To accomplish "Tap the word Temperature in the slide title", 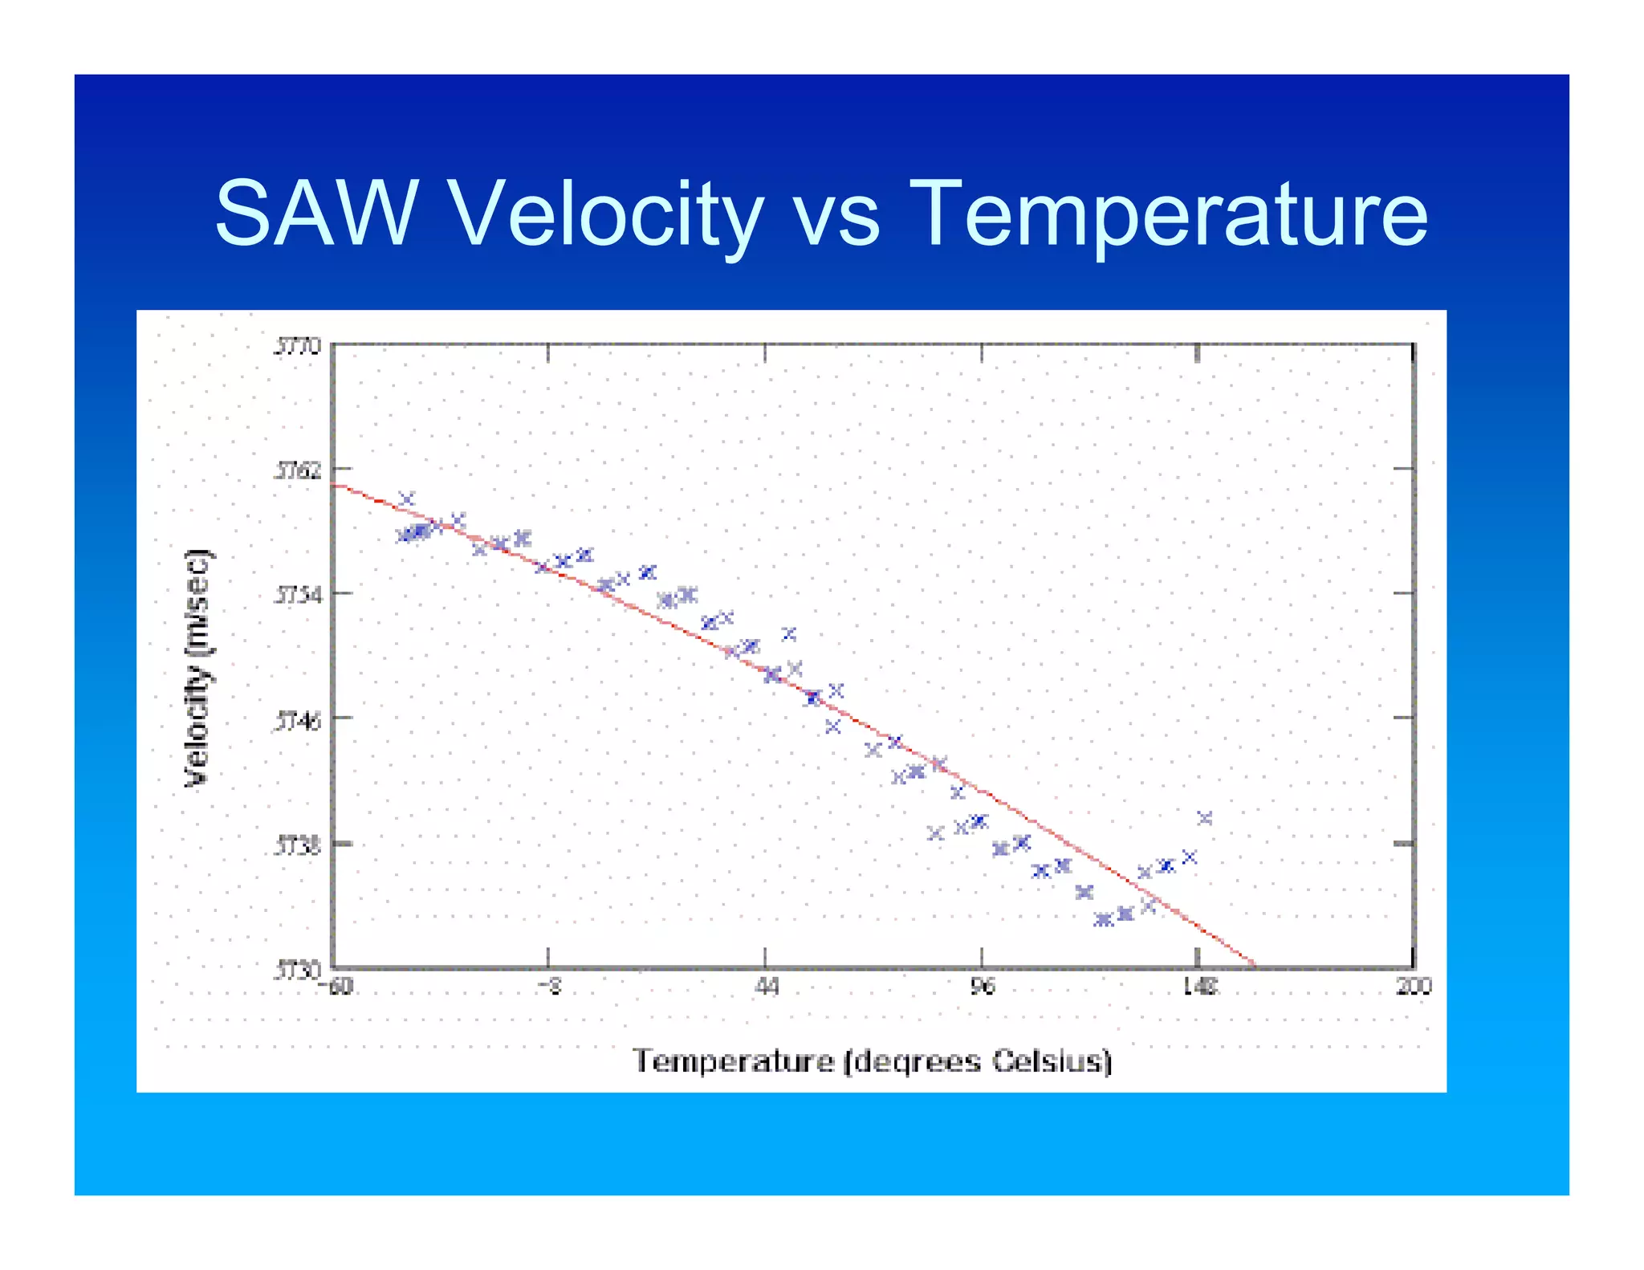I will click(x=1168, y=214).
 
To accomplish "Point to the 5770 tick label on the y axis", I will click(x=298, y=347).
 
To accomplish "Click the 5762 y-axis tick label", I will click(x=298, y=470).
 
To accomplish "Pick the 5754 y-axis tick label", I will click(x=298, y=595).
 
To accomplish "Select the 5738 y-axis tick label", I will click(x=298, y=845).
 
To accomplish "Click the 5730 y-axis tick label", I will click(x=298, y=971).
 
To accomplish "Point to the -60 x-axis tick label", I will click(x=340, y=987).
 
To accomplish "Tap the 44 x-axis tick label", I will click(x=766, y=987).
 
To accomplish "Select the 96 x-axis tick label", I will click(x=982, y=987).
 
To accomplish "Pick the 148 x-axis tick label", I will click(x=1199, y=987).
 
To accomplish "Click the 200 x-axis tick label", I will click(x=1414, y=987).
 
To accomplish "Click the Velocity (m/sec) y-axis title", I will click(x=197, y=668).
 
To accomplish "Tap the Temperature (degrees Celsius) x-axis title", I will click(x=872, y=1061).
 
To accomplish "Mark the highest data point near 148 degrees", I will click(x=1204, y=818).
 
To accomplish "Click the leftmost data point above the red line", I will click(x=407, y=499).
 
